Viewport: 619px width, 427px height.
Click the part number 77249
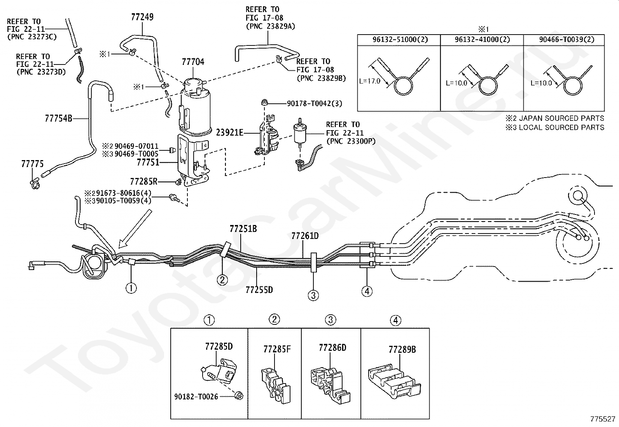[x=142, y=17]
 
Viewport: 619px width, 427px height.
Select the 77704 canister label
[x=193, y=62]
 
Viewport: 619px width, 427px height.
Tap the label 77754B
[x=59, y=118]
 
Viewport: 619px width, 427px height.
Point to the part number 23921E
[x=230, y=132]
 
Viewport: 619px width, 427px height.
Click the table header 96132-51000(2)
[x=400, y=40]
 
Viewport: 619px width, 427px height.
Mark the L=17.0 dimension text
[x=370, y=81]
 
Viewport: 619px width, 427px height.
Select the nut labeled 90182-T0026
[x=238, y=396]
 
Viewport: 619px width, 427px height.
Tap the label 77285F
[x=277, y=349]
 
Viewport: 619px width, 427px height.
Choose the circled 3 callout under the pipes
[x=313, y=295]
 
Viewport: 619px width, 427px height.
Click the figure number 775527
[x=603, y=419]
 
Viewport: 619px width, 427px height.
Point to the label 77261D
[x=305, y=236]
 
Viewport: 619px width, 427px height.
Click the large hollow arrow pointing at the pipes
[x=135, y=229]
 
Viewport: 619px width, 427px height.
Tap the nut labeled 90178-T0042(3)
[x=264, y=103]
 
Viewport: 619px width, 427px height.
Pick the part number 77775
[x=32, y=164]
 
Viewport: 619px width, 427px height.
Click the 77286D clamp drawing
[x=330, y=385]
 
